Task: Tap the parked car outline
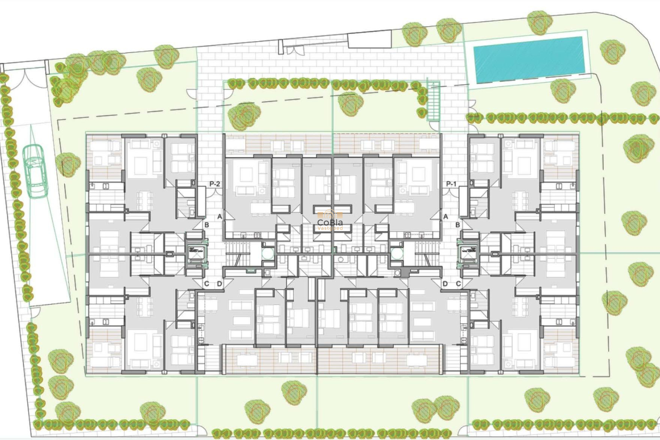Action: tap(35, 171)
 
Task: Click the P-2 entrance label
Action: tap(214, 184)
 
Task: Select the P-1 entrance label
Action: tap(451, 184)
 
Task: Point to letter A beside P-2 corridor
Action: tap(220, 217)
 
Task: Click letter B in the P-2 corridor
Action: tap(207, 225)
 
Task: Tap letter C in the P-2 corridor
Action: tap(207, 284)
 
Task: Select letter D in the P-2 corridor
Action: tap(220, 284)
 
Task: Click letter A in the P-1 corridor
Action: tap(446, 217)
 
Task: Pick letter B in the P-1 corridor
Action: tap(458, 225)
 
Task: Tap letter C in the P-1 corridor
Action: tap(458, 284)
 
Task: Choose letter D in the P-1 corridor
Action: tap(445, 284)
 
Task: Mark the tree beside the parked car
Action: tap(68, 166)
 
